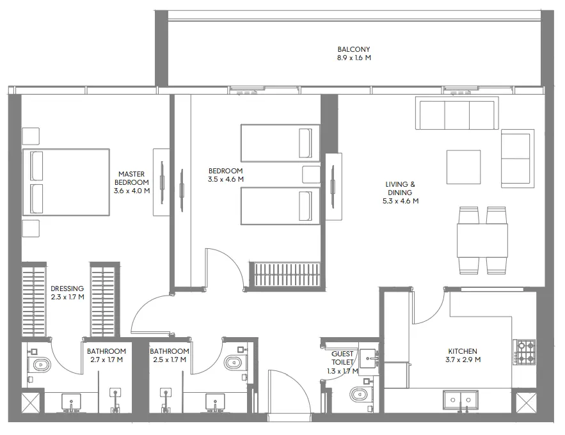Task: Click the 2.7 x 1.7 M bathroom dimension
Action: (x=106, y=360)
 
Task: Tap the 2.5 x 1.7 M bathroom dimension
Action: (x=169, y=360)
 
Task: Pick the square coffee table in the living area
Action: (x=463, y=167)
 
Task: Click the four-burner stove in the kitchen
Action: (x=526, y=351)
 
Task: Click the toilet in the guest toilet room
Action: (x=359, y=393)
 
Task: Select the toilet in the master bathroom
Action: (x=42, y=365)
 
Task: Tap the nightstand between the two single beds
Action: (x=311, y=175)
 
